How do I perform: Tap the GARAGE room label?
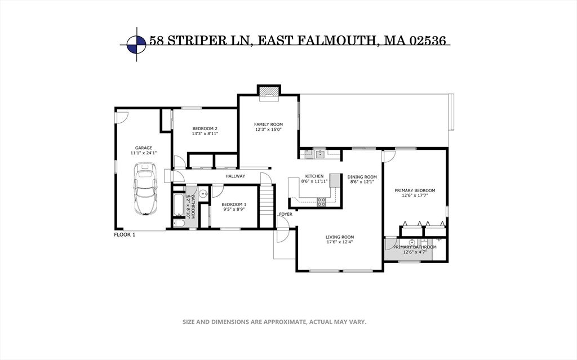(x=143, y=148)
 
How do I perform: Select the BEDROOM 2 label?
(x=205, y=128)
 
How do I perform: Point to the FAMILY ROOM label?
(x=268, y=124)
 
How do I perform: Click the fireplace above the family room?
(x=268, y=92)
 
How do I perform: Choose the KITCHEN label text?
(x=314, y=176)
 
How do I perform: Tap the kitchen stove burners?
(x=322, y=201)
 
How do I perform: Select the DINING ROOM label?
(x=362, y=176)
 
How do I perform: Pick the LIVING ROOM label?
(x=340, y=237)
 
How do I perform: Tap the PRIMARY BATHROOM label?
(x=415, y=247)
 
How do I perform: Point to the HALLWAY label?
(x=235, y=176)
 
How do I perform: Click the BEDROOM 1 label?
(x=234, y=204)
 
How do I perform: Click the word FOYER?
(x=286, y=215)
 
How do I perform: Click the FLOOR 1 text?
(x=125, y=234)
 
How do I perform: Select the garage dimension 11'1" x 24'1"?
(x=143, y=153)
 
